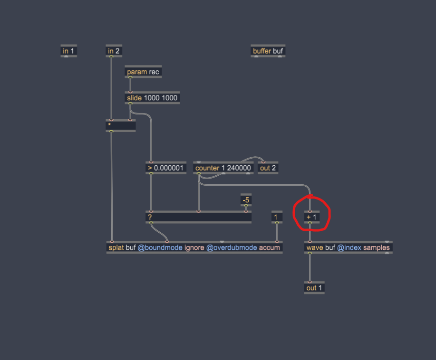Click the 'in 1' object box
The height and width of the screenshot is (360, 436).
pos(68,51)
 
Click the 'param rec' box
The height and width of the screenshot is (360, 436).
pos(143,72)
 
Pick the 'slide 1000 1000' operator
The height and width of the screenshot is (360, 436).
pos(152,98)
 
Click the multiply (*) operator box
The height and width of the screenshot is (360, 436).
pos(120,125)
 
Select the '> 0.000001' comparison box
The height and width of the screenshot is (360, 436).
pos(165,168)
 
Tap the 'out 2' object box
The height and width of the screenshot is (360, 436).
pos(268,168)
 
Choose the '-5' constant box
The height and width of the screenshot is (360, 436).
pos(246,200)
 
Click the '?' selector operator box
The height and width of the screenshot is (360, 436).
pos(198,217)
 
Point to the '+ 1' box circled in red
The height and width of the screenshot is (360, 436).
pos(311,217)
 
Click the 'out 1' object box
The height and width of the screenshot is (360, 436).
pos(314,288)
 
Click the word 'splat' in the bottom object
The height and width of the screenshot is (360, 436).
pos(116,247)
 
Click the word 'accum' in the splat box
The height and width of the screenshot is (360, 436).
pos(270,247)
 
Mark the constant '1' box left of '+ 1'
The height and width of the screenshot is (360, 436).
pos(277,217)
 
